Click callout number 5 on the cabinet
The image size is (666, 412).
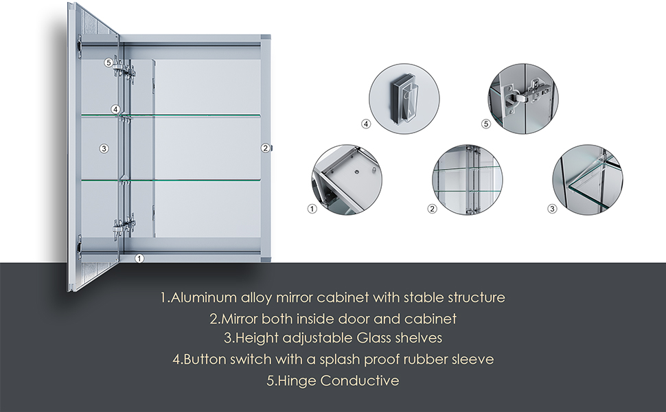108,63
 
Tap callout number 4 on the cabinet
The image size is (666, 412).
115,110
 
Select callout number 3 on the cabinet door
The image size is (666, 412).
104,148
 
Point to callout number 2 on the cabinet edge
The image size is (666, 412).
266,148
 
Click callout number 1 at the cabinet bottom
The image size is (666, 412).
139,258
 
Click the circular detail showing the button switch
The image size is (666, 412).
404,99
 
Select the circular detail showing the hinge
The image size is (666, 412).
523,99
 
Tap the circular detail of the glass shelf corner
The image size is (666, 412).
588,180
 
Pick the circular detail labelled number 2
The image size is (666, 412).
467,180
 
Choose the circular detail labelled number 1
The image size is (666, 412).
347,180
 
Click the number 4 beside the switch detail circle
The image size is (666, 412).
366,124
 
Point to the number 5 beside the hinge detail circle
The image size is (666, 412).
486,124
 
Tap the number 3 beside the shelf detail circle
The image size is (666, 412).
552,209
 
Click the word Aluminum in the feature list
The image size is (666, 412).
203,297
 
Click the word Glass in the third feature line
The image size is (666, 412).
374,338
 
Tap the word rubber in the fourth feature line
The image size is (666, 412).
426,359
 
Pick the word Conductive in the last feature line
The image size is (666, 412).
360,380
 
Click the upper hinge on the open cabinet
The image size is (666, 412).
124,69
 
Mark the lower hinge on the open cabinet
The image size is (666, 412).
124,225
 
